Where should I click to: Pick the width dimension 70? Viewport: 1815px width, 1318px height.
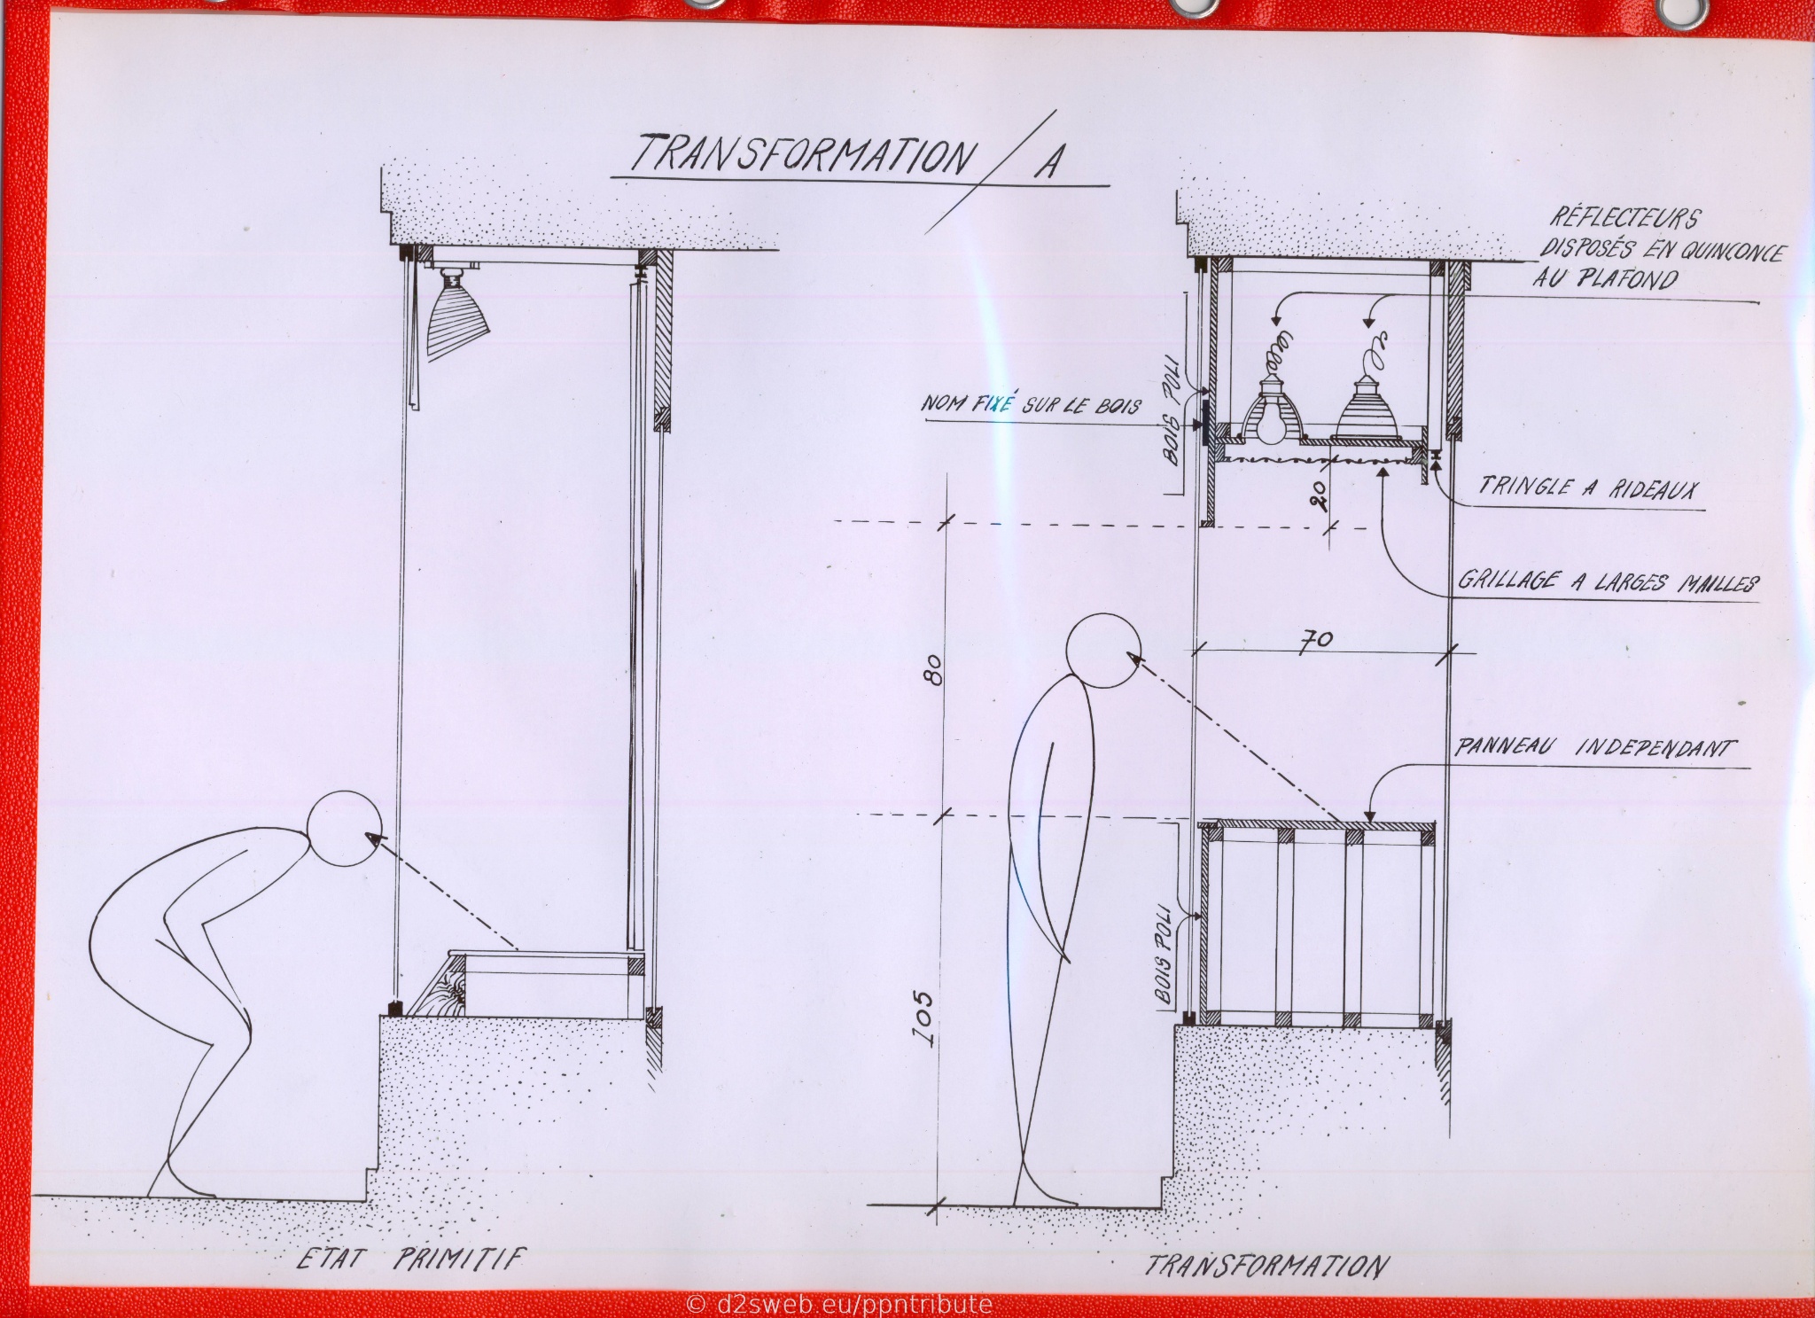(x=1315, y=640)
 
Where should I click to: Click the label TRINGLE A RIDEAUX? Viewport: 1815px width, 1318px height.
(x=1586, y=487)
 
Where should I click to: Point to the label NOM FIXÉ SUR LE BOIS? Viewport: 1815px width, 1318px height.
(x=1033, y=402)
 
